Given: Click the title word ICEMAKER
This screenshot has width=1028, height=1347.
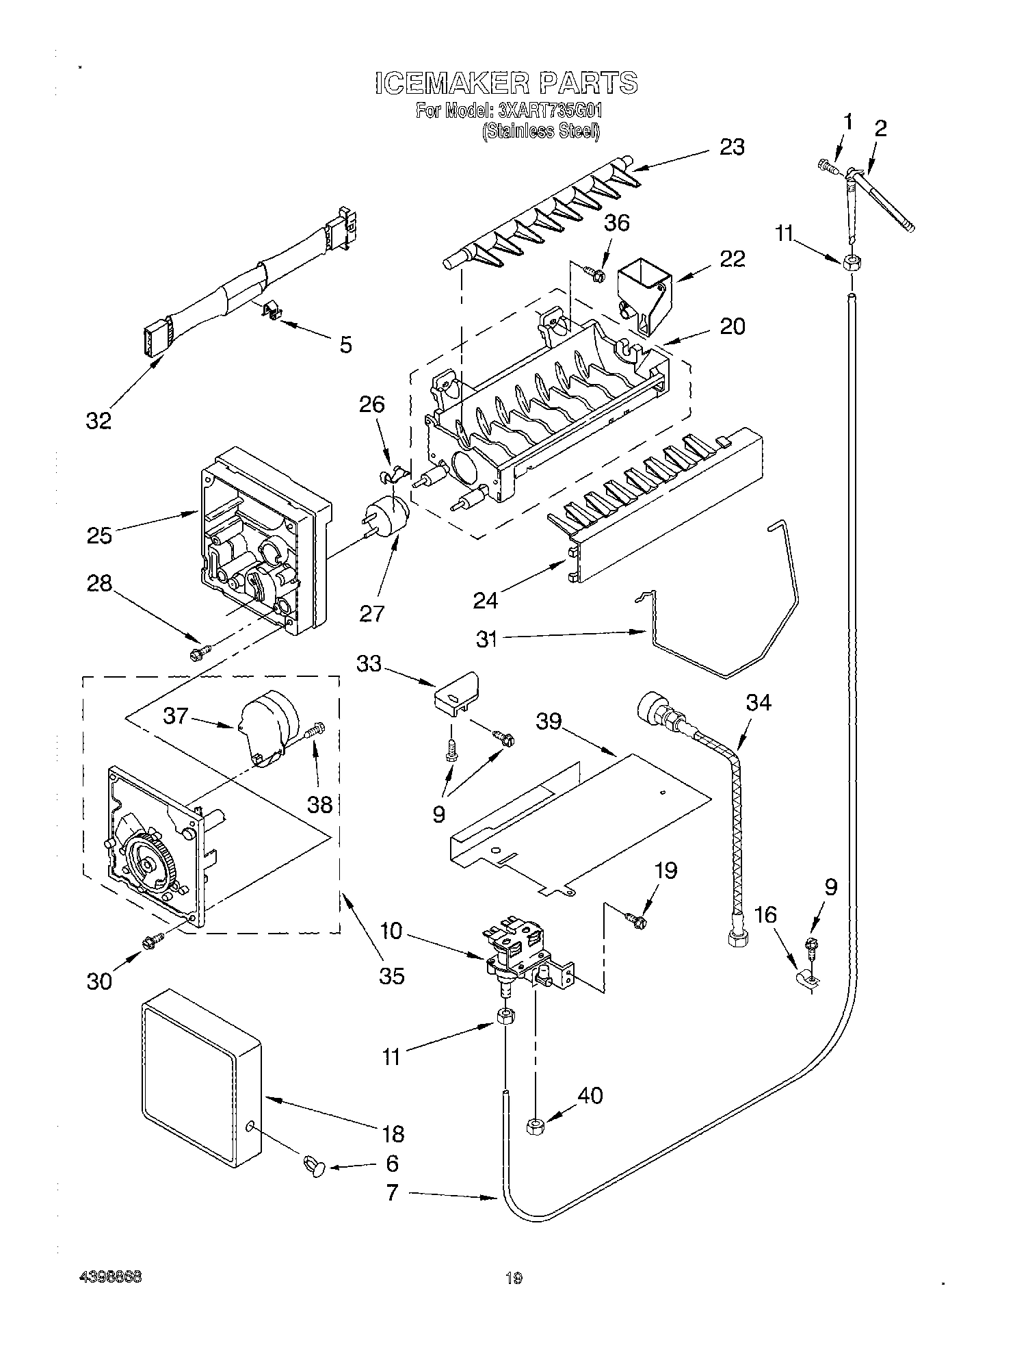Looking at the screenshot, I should [452, 83].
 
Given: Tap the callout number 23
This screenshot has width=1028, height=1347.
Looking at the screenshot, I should [731, 147].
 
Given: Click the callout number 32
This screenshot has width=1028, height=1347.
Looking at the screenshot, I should [98, 422].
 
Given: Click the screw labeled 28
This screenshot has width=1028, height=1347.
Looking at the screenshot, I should [198, 654].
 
